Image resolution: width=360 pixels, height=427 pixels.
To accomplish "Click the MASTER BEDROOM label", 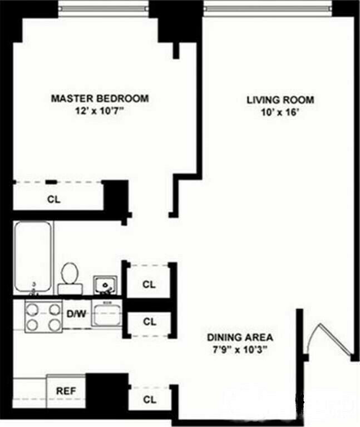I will (x=100, y=98).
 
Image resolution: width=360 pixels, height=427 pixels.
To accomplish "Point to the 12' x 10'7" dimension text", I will (x=100, y=110).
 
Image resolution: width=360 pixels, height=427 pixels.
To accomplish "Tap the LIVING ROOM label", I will (x=280, y=100).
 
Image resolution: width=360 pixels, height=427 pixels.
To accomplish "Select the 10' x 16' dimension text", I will (x=280, y=112).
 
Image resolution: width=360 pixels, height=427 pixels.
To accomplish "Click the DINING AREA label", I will (x=240, y=337).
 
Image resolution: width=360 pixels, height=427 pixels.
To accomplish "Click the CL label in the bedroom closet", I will (x=54, y=198).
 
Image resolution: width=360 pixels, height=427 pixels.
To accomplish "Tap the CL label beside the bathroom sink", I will (x=149, y=285).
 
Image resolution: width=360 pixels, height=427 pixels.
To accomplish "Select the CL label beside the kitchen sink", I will (x=149, y=321).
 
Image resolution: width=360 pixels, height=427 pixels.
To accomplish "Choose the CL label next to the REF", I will (x=149, y=399).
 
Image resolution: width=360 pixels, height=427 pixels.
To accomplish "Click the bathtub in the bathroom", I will (x=33, y=256).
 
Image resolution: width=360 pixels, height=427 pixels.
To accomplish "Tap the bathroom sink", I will (x=104, y=285).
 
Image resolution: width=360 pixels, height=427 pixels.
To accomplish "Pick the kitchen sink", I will (x=106, y=315).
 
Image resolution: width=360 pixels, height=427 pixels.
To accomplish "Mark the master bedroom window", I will (x=103, y=8).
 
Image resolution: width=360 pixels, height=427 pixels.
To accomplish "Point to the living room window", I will (x=268, y=8).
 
